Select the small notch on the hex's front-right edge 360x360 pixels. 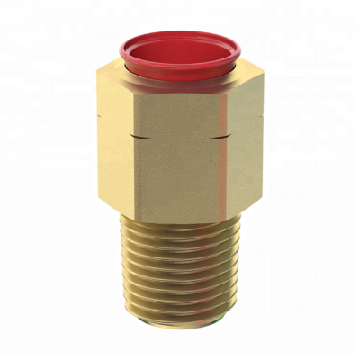[x=218, y=137]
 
